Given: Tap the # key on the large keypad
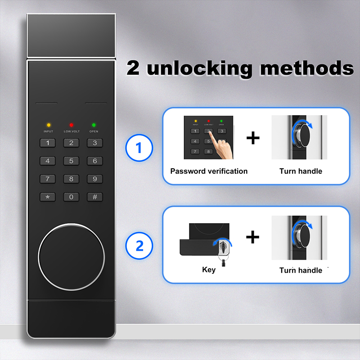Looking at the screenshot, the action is click(x=94, y=197).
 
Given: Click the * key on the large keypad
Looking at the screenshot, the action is click(x=48, y=197).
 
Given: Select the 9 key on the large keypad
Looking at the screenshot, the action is click(x=94, y=179).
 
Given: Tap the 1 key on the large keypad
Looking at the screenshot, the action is click(x=48, y=143).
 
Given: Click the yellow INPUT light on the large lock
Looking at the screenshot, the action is click(x=49, y=125).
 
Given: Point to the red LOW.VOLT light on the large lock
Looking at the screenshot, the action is click(x=72, y=125).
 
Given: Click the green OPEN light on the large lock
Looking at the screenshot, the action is click(x=94, y=125).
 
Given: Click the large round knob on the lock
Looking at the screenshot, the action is click(x=72, y=257).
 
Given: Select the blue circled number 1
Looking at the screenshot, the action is click(x=139, y=148).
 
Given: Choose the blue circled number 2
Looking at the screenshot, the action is click(x=139, y=246).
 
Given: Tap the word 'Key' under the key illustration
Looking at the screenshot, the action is click(x=209, y=270).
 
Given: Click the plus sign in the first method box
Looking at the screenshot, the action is click(x=253, y=138).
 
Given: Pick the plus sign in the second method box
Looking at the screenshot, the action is click(x=252, y=237).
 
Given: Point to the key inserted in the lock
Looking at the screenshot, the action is click(x=223, y=253).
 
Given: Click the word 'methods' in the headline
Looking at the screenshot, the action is click(x=307, y=68).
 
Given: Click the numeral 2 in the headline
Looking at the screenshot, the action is click(x=133, y=68).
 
